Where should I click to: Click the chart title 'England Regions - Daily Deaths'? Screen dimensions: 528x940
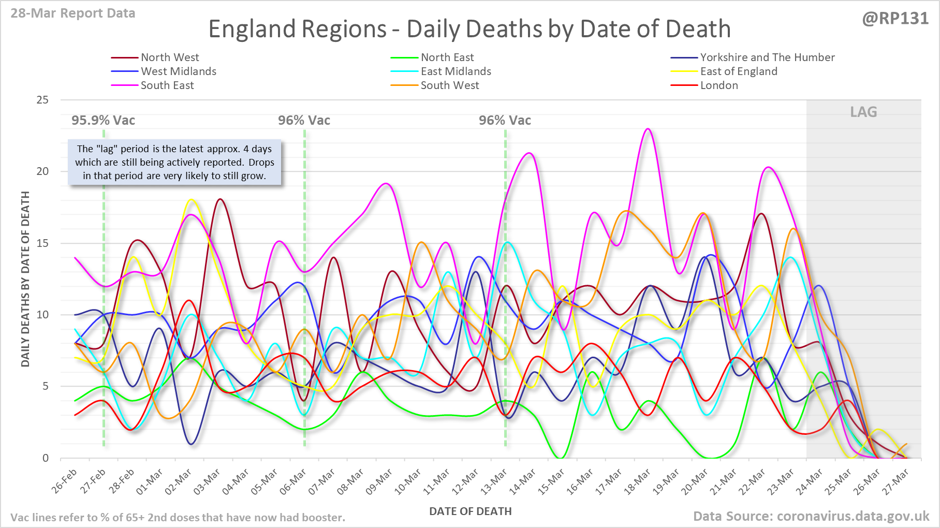(469, 29)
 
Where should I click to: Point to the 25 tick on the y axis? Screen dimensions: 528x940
(42, 100)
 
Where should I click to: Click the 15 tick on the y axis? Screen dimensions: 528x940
(42, 243)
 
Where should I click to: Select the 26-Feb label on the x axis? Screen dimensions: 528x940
(65, 481)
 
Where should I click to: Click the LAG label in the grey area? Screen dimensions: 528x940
(863, 112)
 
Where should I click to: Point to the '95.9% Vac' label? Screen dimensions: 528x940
(103, 121)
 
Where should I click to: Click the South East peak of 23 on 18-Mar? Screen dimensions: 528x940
(648, 129)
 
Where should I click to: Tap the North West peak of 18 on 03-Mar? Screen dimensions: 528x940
(220, 199)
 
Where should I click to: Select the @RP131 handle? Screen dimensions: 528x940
(895, 19)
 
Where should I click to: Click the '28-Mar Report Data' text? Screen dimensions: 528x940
(73, 13)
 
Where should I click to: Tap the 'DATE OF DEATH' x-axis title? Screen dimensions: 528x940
(470, 511)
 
